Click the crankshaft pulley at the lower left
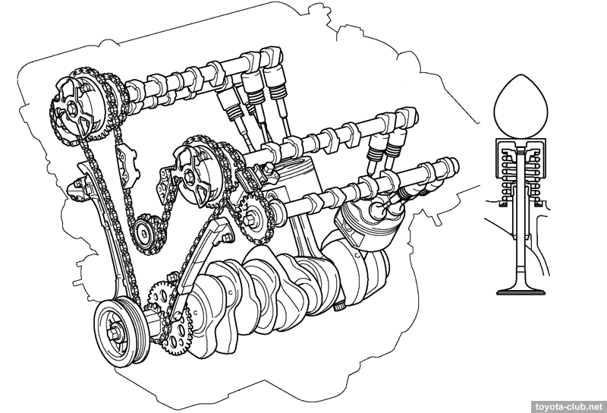click(121, 332)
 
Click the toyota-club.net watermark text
click(569, 407)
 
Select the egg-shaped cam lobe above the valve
click(521, 106)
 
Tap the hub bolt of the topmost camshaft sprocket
click(72, 106)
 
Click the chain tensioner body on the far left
click(79, 191)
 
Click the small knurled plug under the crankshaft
click(339, 306)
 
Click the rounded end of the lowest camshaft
click(453, 165)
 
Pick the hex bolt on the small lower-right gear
click(250, 220)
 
